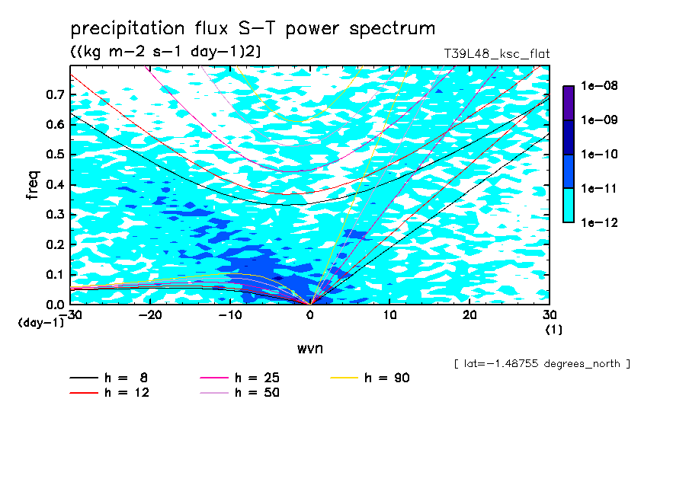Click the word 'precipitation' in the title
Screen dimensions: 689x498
click(127, 29)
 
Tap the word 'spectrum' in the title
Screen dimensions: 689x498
click(392, 29)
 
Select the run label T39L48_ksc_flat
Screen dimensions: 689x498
click(496, 54)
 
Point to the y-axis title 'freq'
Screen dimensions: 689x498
click(33, 185)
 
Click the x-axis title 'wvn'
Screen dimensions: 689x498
click(310, 349)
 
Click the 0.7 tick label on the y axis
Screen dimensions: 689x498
click(56, 94)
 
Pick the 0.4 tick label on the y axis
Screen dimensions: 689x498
click(56, 184)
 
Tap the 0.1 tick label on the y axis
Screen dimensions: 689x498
click(56, 274)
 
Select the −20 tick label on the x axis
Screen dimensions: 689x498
click(150, 315)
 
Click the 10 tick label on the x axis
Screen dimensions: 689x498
click(389, 315)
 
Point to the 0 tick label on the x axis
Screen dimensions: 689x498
click(310, 315)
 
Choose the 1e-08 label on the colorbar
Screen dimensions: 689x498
click(599, 85)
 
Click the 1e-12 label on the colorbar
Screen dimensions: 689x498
click(599, 222)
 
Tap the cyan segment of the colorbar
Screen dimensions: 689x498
click(569, 206)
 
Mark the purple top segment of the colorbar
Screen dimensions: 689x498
click(569, 103)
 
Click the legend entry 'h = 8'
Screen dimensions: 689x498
click(108, 378)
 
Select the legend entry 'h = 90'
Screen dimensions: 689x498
click(370, 378)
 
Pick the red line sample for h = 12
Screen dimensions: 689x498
click(84, 393)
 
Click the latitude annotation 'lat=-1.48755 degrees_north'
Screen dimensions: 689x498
click(542, 364)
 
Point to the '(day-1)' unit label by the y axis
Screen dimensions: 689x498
click(40, 323)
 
